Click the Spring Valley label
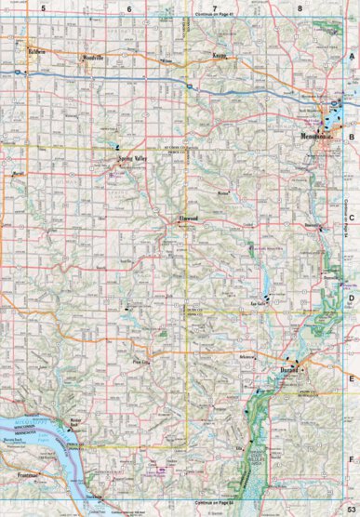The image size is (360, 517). pyautogui.click(x=133, y=159)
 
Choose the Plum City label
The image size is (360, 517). pyautogui.click(x=141, y=361)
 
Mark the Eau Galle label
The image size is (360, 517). pyautogui.click(x=260, y=302)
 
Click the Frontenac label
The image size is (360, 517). pyautogui.click(x=31, y=475)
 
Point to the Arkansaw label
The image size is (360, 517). pyautogui.click(x=245, y=357)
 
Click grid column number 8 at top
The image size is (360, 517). pyautogui.click(x=300, y=7)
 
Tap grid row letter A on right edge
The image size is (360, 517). pyautogui.click(x=352, y=56)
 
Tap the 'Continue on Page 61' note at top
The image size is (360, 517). pyautogui.click(x=216, y=14)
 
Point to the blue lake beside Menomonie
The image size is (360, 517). pyautogui.click(x=336, y=116)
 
